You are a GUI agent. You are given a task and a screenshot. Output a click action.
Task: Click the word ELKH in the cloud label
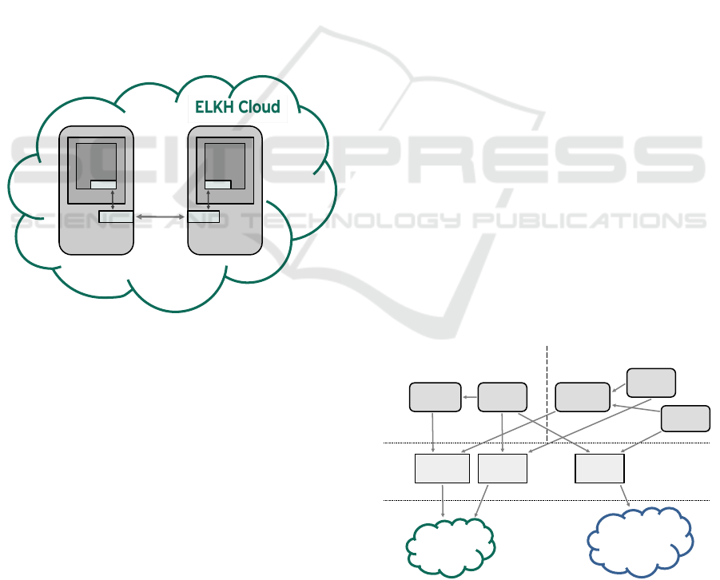point(215,107)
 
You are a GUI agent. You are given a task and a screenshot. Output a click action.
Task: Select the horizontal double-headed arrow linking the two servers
point(160,216)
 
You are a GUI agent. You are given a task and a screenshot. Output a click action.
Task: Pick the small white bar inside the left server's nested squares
point(103,185)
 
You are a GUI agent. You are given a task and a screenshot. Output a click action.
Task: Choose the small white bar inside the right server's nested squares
point(217,185)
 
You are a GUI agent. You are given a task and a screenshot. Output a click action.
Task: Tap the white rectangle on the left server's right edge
point(115,216)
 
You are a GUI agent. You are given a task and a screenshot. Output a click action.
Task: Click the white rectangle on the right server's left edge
point(203,216)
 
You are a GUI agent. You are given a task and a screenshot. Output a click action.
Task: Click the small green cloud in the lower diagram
point(451,546)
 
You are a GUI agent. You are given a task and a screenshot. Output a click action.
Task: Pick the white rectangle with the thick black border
point(599,468)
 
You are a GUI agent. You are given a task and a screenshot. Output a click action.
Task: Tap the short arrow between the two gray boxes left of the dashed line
point(470,395)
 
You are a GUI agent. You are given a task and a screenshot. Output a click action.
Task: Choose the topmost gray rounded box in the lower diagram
point(650,382)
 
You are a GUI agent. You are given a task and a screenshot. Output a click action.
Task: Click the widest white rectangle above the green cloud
point(442,468)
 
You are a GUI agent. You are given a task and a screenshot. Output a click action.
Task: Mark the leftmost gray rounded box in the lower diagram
point(435,397)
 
